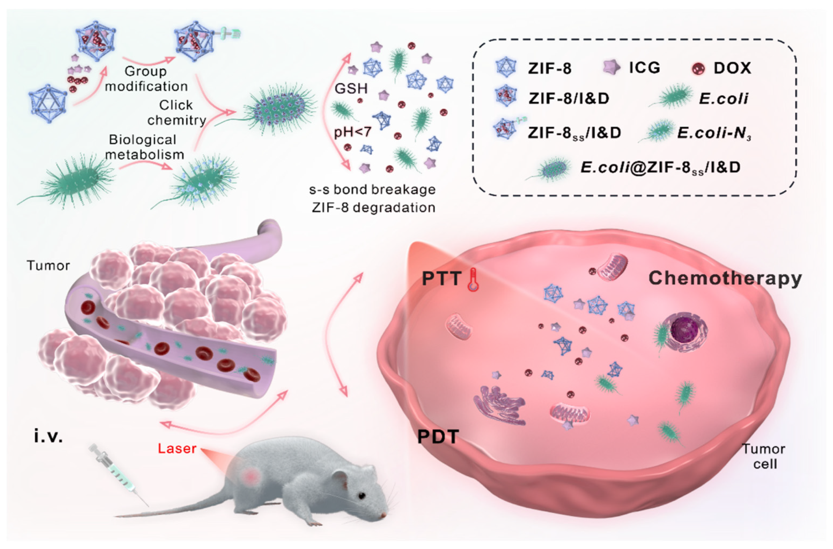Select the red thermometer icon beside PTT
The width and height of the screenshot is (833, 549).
point(473,279)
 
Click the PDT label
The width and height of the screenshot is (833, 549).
point(438,437)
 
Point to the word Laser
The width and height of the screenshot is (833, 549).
point(177,448)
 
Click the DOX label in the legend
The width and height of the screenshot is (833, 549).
point(733,68)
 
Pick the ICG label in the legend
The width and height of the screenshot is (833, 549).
point(644,68)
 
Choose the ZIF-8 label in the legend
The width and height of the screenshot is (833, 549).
point(550,68)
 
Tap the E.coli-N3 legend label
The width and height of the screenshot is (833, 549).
point(714,133)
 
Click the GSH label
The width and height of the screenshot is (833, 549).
point(351,89)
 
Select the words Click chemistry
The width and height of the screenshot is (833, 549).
point(177,112)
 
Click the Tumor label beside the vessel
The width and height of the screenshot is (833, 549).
point(48,266)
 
